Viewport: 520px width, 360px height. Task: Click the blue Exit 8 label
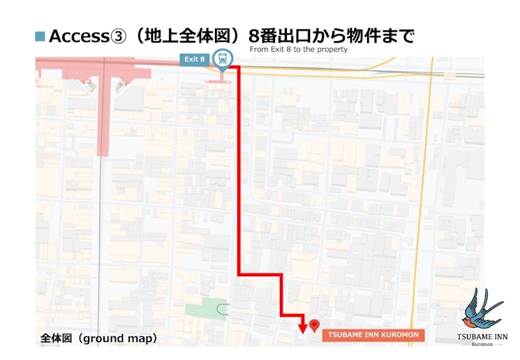click(194, 59)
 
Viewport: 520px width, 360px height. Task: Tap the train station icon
click(223, 59)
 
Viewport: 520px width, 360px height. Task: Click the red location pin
click(314, 325)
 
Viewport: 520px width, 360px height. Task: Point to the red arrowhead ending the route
click(302, 328)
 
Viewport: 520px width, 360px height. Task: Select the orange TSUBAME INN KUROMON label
click(373, 335)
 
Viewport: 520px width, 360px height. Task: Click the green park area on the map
click(207, 308)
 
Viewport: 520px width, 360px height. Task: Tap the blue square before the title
click(40, 36)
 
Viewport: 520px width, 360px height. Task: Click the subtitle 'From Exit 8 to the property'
click(298, 50)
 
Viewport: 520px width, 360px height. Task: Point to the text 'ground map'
click(119, 338)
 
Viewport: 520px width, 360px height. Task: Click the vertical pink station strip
click(103, 112)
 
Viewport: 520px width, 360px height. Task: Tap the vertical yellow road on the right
click(419, 209)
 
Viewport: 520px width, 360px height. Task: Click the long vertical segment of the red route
click(239, 174)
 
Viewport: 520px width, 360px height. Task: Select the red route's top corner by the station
click(239, 68)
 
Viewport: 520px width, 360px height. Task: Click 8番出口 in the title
click(275, 36)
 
